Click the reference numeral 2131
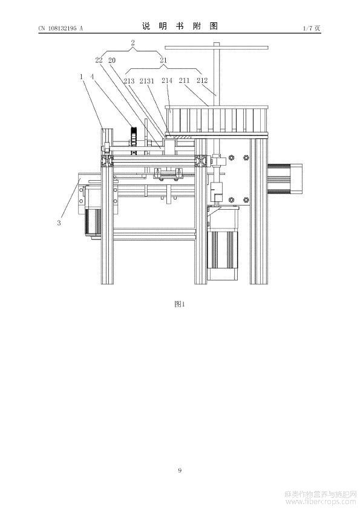click(147, 81)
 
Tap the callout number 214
click(167, 80)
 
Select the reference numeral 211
click(184, 80)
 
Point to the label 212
click(202, 80)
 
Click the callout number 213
click(129, 81)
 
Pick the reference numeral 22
click(99, 60)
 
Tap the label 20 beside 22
click(112, 60)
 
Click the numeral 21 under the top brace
click(163, 60)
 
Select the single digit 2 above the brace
click(133, 43)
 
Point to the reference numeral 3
click(59, 223)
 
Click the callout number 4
click(93, 77)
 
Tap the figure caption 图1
click(180, 304)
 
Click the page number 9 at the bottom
click(180, 470)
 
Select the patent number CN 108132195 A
click(61, 28)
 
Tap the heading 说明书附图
click(180, 26)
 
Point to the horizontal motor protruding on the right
click(284, 179)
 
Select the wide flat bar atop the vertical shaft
click(217, 48)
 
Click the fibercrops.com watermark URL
click(321, 502)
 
